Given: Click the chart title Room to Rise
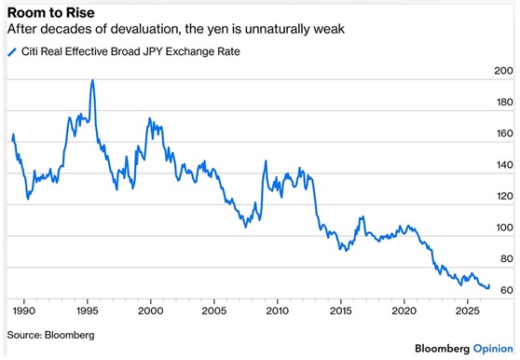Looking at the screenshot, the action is pos(50,13).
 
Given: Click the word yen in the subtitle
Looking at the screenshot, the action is pos(219,29).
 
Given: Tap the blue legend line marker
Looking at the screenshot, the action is pos(12,52).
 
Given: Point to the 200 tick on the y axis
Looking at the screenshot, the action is pos(503,71).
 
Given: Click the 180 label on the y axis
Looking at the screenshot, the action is pos(504,103).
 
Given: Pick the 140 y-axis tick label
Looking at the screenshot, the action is pos(504,165).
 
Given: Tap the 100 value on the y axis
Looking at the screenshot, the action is pos(504,228).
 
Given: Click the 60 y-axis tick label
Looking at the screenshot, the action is pos(507,290).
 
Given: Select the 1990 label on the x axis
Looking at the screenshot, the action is pos(24,311).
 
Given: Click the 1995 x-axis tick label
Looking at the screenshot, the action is pos(88,311).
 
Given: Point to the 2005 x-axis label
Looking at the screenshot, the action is pos(214,311).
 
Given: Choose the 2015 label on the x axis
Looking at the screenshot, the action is pos(340,311).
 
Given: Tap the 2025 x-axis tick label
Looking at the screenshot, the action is pos(467,311).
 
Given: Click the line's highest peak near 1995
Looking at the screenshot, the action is pos(92,80).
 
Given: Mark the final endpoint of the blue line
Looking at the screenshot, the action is pos(489,285).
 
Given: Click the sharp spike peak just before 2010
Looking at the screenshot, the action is pos(266,161).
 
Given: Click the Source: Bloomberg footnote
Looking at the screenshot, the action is pos(50,335).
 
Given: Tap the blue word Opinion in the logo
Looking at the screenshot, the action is pos(493,349).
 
